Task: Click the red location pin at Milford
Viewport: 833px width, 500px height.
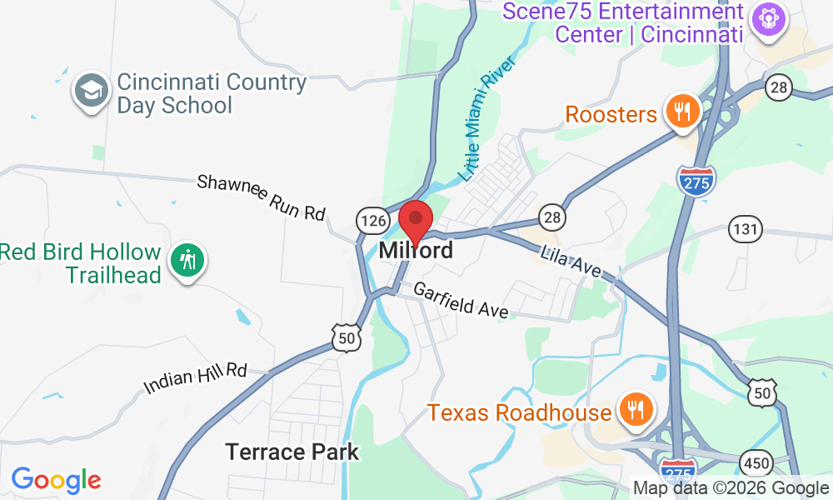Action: [415, 221]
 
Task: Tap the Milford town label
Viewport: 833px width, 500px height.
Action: [416, 250]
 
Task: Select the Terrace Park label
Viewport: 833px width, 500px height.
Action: [292, 452]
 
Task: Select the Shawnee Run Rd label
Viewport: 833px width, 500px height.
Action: [261, 197]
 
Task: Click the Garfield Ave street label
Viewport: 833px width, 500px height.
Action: [461, 300]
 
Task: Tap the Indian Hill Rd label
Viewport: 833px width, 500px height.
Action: [196, 377]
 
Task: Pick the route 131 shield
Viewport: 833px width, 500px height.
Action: [744, 227]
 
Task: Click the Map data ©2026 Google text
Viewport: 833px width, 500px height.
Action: [731, 488]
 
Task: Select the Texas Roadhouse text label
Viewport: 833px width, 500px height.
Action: [520, 412]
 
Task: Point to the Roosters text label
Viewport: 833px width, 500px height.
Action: [611, 114]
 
